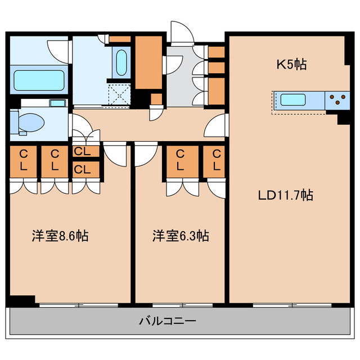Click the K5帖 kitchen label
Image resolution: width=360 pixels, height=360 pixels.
coord(291,65)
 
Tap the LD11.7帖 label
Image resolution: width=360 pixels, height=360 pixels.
coord(285,196)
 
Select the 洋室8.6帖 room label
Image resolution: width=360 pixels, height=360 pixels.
coord(59,236)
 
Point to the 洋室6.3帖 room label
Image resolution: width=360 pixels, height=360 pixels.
coord(180,236)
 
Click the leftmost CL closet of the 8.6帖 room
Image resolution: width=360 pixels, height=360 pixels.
coord(24,160)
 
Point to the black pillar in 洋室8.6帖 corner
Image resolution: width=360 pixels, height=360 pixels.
coord(22,301)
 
